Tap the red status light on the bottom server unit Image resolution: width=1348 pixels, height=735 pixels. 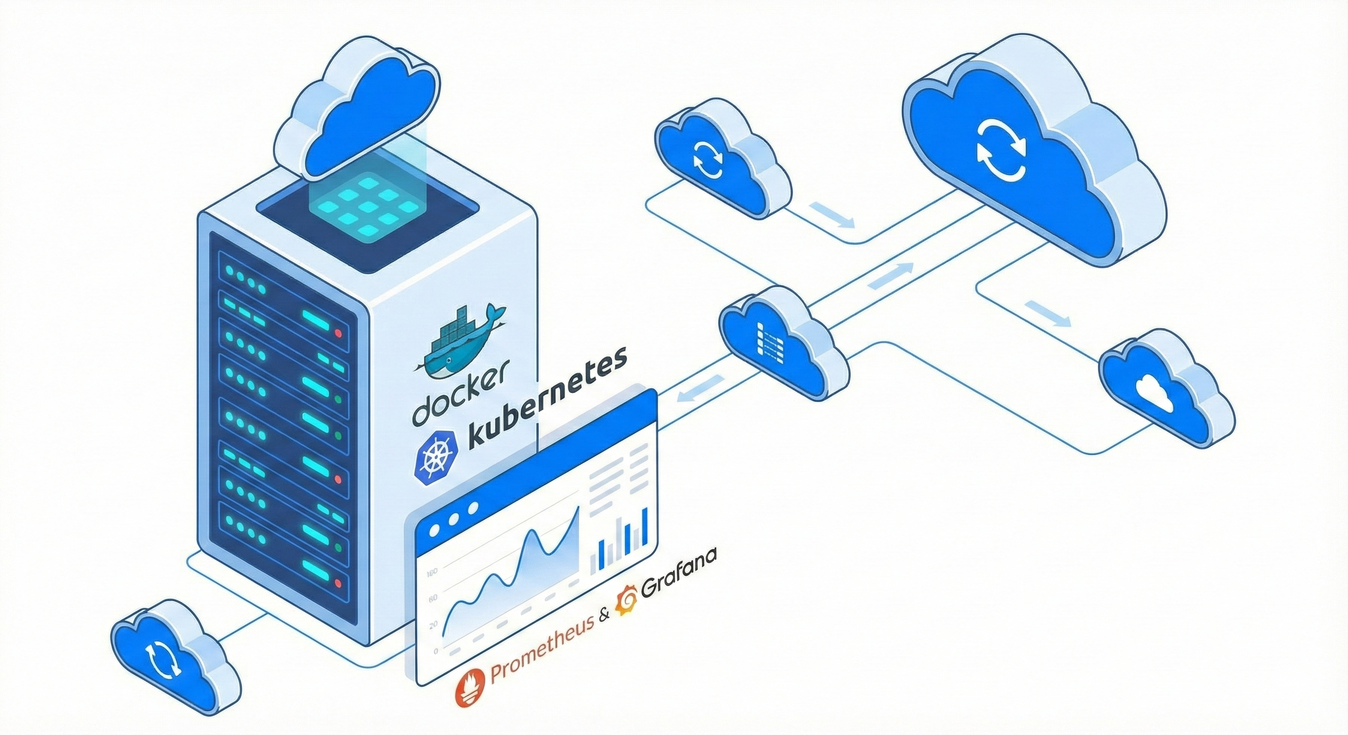tap(337, 582)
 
